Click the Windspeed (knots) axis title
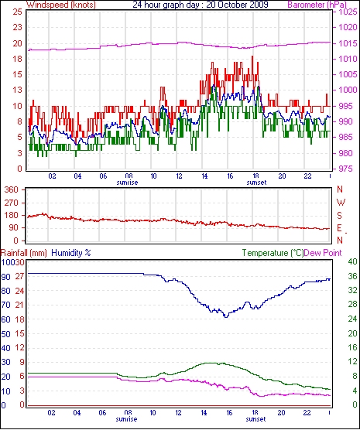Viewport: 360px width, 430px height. coord(61,5)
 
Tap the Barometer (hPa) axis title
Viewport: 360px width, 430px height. coord(317,5)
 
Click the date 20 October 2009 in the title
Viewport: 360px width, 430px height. coord(237,5)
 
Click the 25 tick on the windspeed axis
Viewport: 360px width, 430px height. coord(17,12)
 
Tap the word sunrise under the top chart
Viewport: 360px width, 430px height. coord(127,183)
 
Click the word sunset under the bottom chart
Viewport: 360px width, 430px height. coord(255,419)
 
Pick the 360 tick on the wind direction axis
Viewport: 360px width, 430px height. coord(12,189)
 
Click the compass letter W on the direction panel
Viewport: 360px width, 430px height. coord(341,203)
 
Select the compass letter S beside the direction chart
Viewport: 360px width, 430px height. coord(340,216)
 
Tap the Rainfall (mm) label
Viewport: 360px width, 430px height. coord(24,253)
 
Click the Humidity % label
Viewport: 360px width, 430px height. coord(71,253)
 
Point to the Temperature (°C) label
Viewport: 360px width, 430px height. coord(273,253)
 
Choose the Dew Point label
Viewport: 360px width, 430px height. coord(323,253)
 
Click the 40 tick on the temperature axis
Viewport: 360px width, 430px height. coord(352,261)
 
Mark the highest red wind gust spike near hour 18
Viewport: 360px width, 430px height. coord(252,56)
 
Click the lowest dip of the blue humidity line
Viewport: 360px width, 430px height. coord(226,317)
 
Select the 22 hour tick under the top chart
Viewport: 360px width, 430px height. coord(307,176)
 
